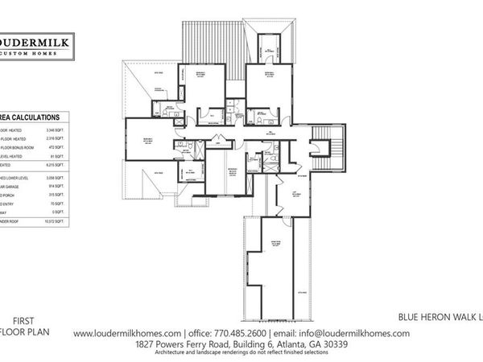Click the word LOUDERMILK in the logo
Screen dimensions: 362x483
point(36,42)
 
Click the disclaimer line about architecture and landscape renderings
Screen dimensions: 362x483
point(242,353)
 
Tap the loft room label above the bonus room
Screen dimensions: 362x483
point(294,191)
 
